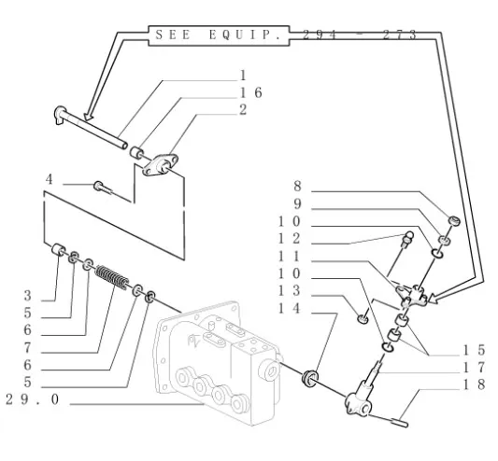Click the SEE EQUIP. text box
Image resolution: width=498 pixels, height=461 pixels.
(x=219, y=35)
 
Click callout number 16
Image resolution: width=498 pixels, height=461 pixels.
(x=251, y=92)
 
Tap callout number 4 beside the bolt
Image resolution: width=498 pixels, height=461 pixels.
(x=49, y=179)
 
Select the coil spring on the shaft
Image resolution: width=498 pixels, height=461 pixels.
(x=112, y=277)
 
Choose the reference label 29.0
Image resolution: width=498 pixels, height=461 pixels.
(x=33, y=399)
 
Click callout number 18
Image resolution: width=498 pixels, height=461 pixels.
(x=474, y=384)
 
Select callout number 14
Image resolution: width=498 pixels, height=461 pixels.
(x=289, y=308)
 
